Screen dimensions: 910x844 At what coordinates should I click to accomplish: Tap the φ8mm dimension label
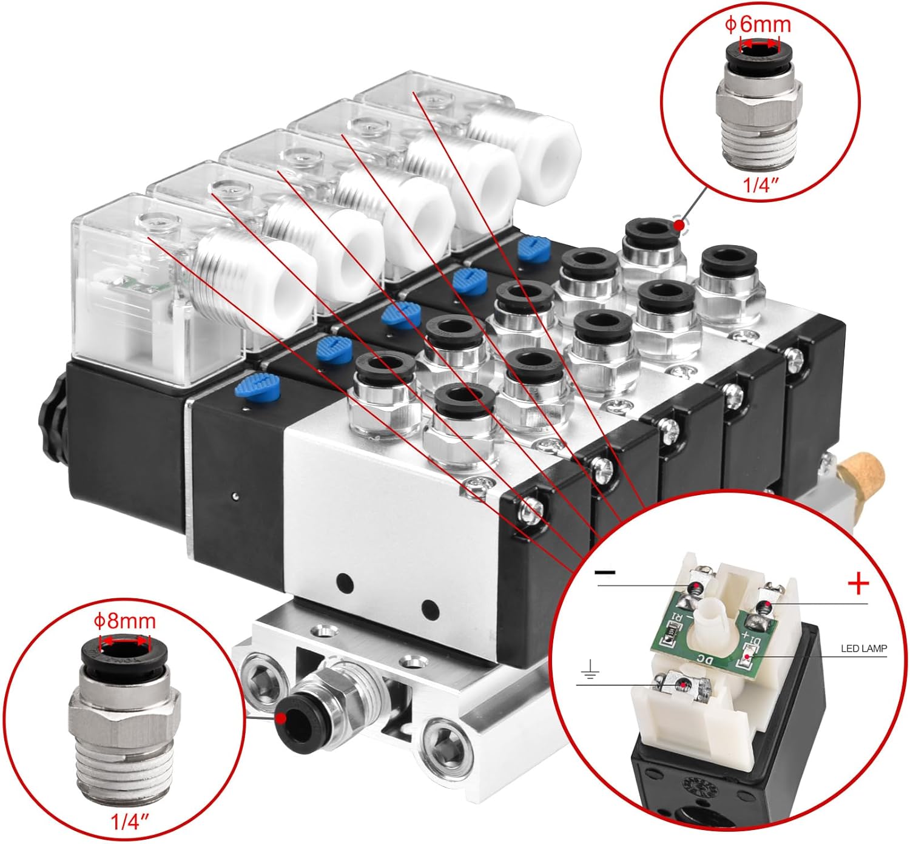124,622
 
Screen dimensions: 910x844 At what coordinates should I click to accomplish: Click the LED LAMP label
864,648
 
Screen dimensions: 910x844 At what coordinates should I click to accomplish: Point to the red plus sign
858,584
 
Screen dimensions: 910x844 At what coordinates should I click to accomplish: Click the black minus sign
605,572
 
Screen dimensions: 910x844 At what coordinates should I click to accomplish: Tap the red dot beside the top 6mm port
679,225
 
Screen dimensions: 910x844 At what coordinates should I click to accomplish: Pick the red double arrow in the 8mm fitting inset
125,640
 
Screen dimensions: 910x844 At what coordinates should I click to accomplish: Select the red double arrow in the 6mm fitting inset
760,44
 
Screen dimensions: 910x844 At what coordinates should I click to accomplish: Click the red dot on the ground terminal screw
684,684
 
